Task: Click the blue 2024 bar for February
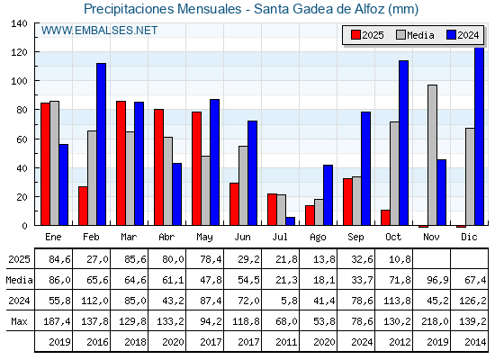click(x=101, y=144)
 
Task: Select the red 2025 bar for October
click(x=386, y=217)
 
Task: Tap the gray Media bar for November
click(x=432, y=155)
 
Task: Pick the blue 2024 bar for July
click(x=290, y=220)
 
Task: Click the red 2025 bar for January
click(x=45, y=164)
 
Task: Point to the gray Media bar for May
click(x=205, y=190)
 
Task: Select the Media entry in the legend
click(x=413, y=35)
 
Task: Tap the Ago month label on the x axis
click(x=318, y=236)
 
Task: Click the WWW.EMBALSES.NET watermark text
click(x=99, y=31)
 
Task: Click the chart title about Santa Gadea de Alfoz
click(x=251, y=9)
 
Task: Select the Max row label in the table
click(x=18, y=321)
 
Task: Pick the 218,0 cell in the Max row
click(x=432, y=321)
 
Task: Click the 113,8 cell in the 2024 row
click(x=394, y=301)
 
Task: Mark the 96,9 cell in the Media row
click(x=432, y=280)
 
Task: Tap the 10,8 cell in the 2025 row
click(x=394, y=259)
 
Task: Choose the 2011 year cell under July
click(x=281, y=342)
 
